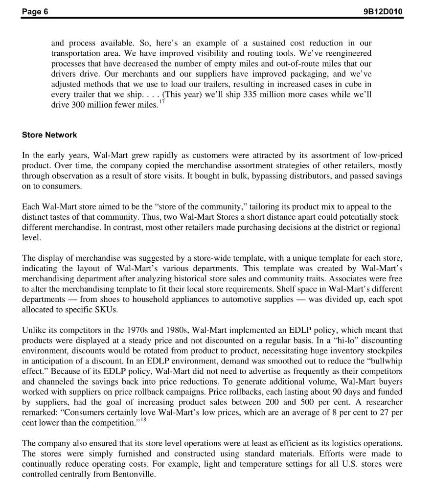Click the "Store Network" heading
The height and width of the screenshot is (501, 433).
pyautogui.click(x=49, y=135)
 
